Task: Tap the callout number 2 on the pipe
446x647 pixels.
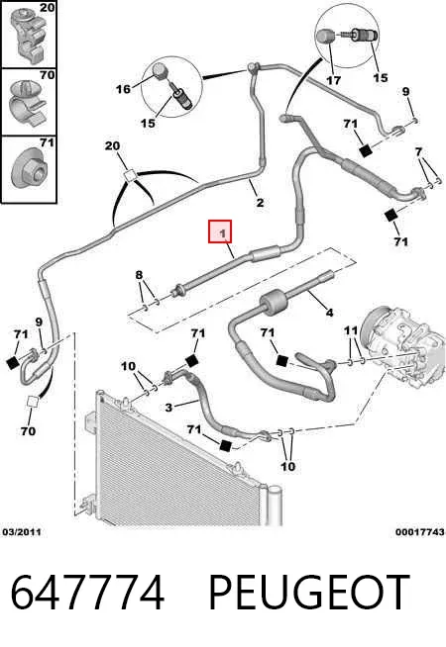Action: click(x=260, y=202)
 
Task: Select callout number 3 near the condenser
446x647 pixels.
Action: click(x=168, y=408)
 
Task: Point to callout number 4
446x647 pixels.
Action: click(x=329, y=313)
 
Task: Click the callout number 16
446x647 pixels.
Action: click(x=123, y=89)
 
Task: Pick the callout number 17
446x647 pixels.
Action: click(x=333, y=80)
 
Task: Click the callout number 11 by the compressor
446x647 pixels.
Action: click(x=351, y=330)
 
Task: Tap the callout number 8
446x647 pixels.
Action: click(x=139, y=275)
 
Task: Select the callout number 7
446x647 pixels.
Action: click(x=418, y=151)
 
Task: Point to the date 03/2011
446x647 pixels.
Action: click(x=22, y=532)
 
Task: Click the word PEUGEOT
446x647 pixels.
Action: click(x=309, y=593)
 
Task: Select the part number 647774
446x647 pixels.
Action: click(x=87, y=593)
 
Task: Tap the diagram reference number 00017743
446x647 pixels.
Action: click(x=420, y=532)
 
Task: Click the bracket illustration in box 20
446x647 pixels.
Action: click(x=30, y=35)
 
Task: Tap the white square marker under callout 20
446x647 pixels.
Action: click(x=130, y=176)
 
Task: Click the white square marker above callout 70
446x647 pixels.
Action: click(x=33, y=402)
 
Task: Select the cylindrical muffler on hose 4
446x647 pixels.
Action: click(x=274, y=303)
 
